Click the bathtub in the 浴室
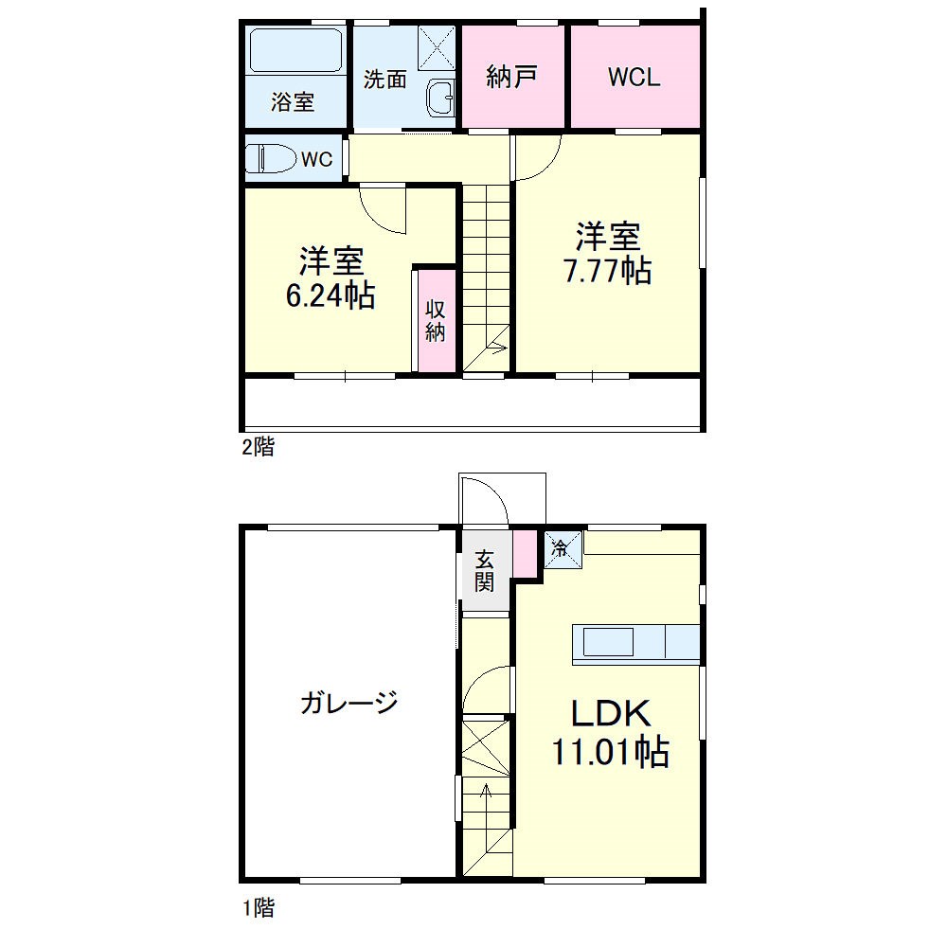[x=295, y=51]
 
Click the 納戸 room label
[x=512, y=78]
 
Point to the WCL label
[x=634, y=78]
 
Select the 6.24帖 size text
[x=331, y=295]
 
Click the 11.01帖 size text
[x=611, y=753]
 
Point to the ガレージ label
[x=348, y=702]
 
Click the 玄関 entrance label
[x=485, y=570]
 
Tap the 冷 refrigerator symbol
[x=560, y=547]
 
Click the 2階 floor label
[x=258, y=448]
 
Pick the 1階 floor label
[x=258, y=909]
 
